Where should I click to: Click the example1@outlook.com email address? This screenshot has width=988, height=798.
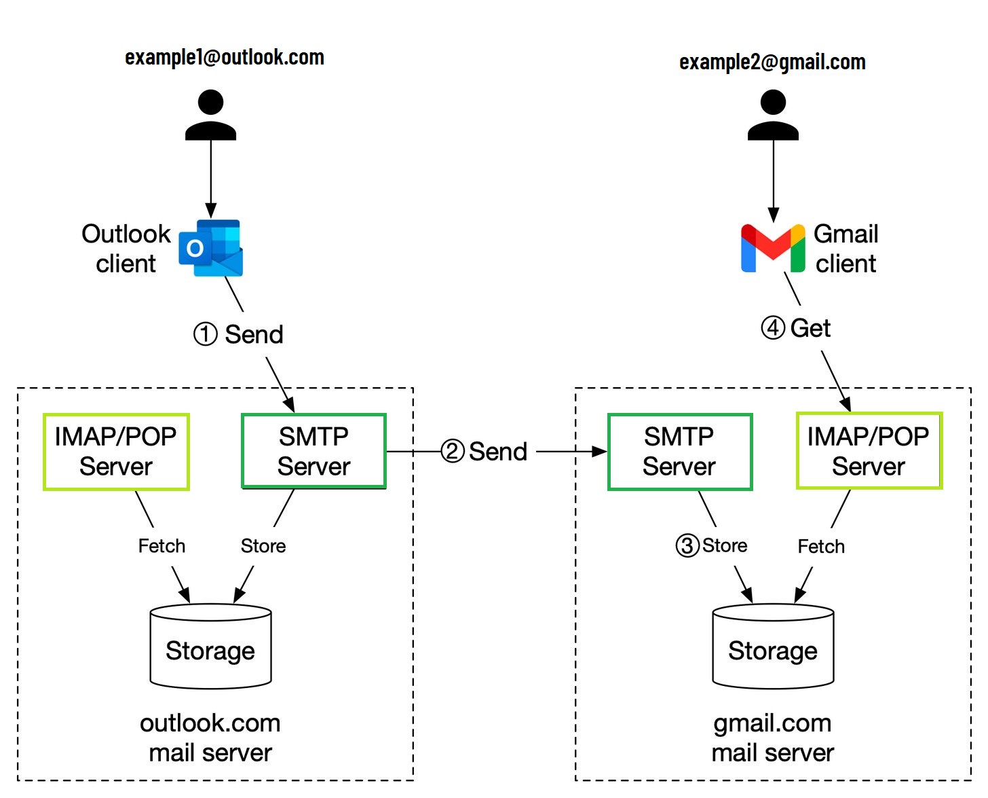(x=224, y=58)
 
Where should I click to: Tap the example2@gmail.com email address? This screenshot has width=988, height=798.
(x=772, y=62)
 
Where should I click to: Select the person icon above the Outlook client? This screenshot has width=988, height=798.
(x=210, y=115)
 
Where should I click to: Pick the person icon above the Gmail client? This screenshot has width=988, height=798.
(x=773, y=115)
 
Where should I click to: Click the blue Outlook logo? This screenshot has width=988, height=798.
(x=211, y=248)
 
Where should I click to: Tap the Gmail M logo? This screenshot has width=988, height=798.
(x=773, y=248)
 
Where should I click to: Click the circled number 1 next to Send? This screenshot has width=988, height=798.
(x=206, y=334)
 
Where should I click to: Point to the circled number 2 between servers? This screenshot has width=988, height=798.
(x=453, y=451)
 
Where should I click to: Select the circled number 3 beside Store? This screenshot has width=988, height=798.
(x=687, y=545)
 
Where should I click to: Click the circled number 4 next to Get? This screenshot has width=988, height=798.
(x=773, y=328)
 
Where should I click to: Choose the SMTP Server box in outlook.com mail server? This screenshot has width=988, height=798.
(x=313, y=451)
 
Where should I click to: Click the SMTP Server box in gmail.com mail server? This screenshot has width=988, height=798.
(x=679, y=451)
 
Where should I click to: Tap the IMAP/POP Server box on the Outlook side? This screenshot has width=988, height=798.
(x=116, y=451)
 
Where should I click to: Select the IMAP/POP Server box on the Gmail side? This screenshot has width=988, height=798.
(x=869, y=451)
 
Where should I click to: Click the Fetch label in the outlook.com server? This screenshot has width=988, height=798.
(x=161, y=546)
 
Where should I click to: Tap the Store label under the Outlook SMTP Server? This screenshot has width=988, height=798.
(x=263, y=546)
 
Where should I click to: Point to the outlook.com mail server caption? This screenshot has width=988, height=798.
(x=210, y=738)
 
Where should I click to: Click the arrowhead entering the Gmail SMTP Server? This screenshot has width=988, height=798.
(x=600, y=451)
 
